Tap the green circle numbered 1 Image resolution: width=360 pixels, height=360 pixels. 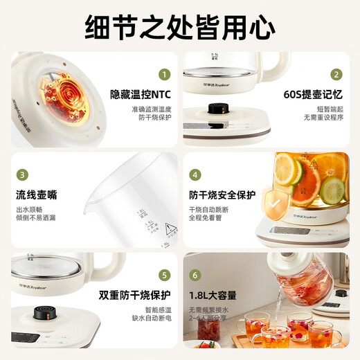[x=164, y=75]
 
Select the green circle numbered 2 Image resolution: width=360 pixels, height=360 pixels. [x=336, y=75]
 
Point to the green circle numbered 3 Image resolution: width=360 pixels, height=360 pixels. [x=22, y=174]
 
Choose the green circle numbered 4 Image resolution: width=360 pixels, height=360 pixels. [x=195, y=174]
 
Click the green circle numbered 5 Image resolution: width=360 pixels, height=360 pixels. [x=164, y=275]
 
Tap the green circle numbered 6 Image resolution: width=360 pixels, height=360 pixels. [x=195, y=275]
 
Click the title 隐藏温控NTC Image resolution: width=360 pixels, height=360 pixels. [x=140, y=93]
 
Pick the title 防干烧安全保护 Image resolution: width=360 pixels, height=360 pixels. [x=221, y=194]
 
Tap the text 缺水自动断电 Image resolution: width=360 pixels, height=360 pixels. [x=150, y=318]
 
